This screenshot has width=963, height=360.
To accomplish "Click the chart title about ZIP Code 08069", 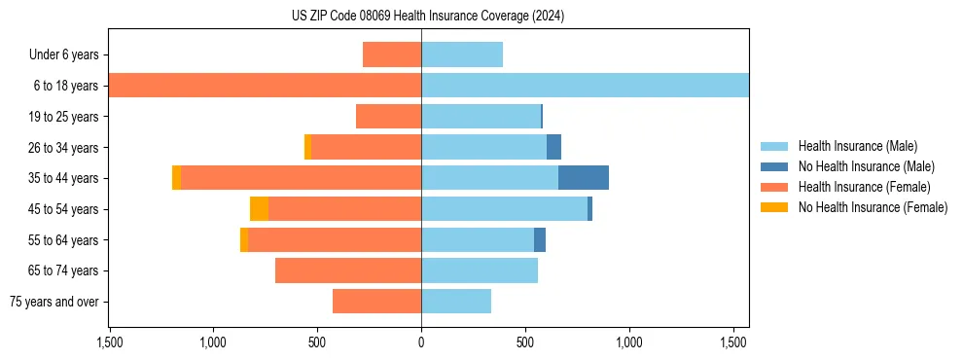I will (x=428, y=17).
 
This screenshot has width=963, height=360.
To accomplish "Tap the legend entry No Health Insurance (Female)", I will (x=873, y=207).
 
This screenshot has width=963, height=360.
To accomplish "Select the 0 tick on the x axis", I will (x=421, y=342).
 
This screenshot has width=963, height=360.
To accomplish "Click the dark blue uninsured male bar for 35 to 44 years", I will (x=584, y=178).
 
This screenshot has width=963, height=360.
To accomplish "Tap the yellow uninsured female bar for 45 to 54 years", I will (x=259, y=209).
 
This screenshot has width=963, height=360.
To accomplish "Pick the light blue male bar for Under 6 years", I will (x=462, y=54).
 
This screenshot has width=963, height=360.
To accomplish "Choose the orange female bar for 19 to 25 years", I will (x=388, y=117).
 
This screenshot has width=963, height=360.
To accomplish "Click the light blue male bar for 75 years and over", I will (x=456, y=302).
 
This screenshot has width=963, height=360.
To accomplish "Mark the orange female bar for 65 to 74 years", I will (x=348, y=270).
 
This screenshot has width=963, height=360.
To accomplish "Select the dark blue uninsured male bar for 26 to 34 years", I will (x=553, y=147).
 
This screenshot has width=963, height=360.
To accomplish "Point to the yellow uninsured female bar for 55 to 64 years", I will (x=244, y=240).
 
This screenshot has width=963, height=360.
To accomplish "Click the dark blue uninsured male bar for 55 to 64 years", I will (x=540, y=240).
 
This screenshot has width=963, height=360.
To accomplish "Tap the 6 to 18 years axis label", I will (x=65, y=86).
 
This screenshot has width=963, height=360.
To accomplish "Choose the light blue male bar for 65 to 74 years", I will (x=480, y=270).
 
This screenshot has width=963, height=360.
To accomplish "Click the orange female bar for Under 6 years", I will (x=392, y=54).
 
